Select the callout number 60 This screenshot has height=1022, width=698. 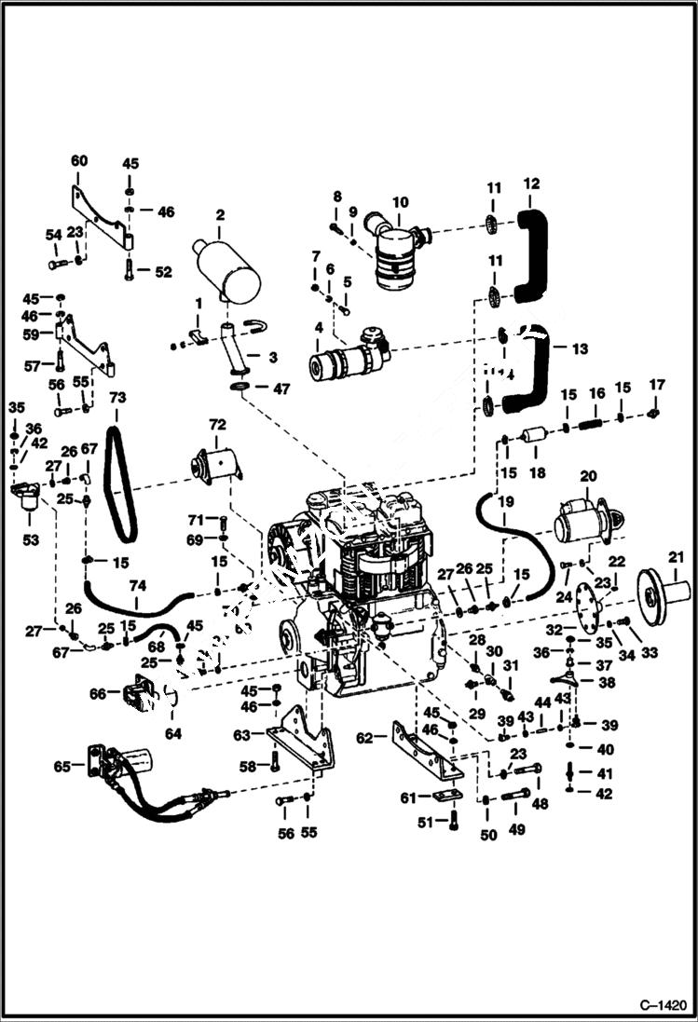(79, 160)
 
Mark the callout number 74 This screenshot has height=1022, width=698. (137, 585)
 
